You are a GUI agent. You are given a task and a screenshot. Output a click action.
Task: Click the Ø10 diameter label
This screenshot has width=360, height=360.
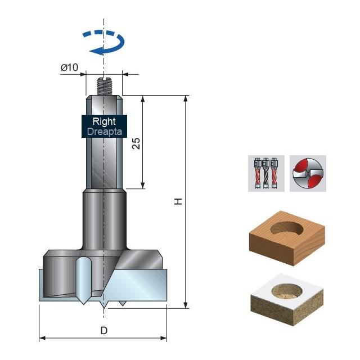coord(69,68)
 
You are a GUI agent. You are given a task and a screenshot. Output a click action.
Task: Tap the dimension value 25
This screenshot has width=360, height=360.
coord(136,143)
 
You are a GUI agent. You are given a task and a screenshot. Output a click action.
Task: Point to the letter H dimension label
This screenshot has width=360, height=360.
coord(179,201)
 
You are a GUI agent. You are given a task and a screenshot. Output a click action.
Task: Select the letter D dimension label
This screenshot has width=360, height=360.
coord(103,330)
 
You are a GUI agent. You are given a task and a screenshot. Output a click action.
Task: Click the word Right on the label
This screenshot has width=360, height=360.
coord(104,121)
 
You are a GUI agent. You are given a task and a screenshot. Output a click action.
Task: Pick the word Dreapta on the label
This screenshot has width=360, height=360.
coord(104,132)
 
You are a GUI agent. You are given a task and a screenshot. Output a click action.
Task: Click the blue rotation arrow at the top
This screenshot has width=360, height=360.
coord(103,42)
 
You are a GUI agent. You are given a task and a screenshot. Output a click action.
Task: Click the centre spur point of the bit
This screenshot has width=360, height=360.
coord(104,307)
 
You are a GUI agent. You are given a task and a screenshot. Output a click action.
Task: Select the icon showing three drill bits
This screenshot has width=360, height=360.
coord(266,173)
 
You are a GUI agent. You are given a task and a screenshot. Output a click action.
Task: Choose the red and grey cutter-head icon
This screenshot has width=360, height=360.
coord(308,173)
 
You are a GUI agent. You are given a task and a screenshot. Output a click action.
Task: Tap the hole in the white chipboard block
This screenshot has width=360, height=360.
coord(287,292)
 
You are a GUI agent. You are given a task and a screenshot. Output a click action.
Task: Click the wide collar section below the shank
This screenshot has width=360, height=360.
coord(103,219)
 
